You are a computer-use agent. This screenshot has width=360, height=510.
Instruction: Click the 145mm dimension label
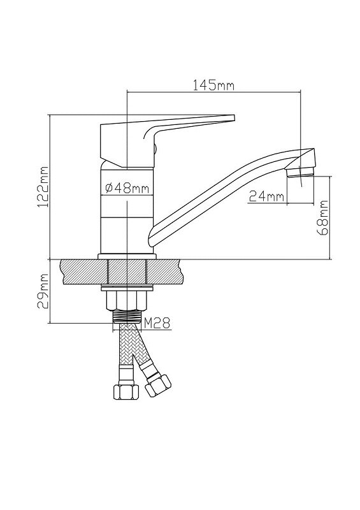tap(213, 85)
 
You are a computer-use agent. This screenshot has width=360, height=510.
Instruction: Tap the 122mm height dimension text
tap(43, 187)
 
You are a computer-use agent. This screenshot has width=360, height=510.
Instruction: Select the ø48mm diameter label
tap(127, 187)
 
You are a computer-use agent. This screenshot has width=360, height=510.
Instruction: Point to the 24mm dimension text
tap(266, 196)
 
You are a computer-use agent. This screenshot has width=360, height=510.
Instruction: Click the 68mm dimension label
tap(323, 217)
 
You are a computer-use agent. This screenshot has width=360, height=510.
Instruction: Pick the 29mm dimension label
tap(43, 291)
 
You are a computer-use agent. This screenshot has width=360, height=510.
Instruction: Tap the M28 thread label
tap(157, 323)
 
